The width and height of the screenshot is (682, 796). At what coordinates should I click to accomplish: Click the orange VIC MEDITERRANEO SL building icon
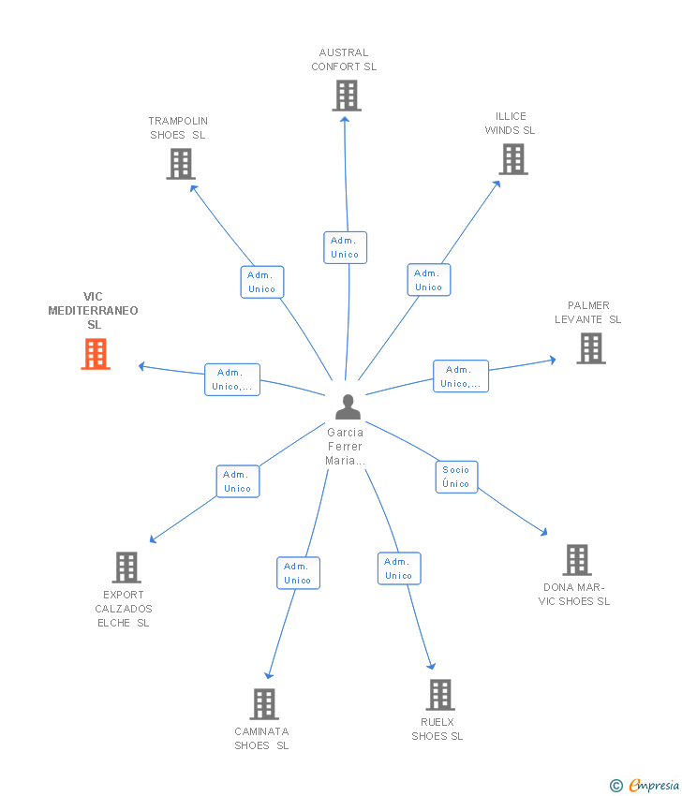[96, 354]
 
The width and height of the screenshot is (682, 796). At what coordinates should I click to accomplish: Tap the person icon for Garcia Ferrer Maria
[348, 407]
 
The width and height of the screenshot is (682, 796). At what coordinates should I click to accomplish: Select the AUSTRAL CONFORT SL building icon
[347, 96]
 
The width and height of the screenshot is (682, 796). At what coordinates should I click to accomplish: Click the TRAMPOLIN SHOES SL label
[178, 128]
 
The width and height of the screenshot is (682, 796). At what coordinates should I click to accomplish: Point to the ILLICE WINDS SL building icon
[512, 159]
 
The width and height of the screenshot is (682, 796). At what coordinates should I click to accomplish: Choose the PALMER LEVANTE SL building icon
[591, 348]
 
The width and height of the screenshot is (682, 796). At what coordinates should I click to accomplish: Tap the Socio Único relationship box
[456, 477]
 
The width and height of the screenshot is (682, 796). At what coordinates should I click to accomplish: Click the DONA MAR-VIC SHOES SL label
[574, 595]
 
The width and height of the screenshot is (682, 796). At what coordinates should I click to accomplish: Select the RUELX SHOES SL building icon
[440, 695]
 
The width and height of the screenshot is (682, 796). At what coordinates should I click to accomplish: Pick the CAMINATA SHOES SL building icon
[264, 704]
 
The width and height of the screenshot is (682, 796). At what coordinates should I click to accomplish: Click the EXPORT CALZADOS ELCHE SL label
[124, 609]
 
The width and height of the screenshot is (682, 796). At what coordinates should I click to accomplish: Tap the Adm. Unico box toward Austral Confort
[346, 248]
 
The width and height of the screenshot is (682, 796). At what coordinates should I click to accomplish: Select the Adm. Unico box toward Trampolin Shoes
[262, 282]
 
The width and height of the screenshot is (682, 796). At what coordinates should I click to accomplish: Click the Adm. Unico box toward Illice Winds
[429, 280]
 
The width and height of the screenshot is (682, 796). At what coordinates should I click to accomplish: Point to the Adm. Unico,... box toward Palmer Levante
[461, 376]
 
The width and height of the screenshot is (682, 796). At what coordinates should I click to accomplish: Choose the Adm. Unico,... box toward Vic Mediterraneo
[232, 379]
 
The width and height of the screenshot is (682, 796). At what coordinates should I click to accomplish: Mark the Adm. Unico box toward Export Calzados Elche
[238, 481]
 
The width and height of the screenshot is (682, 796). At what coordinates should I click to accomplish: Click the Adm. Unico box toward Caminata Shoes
[298, 573]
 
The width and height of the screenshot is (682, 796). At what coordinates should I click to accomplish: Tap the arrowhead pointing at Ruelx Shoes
[431, 666]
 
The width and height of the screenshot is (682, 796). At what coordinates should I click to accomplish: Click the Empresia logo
[645, 786]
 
